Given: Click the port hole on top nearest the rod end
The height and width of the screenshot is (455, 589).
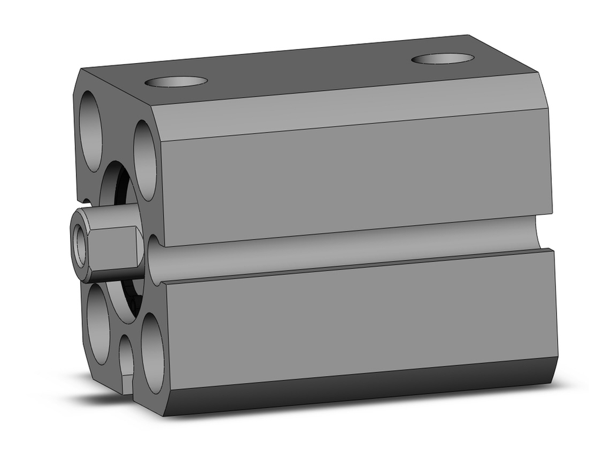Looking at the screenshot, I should point(176,81).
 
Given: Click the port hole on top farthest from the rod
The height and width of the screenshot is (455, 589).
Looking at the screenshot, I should point(442,58).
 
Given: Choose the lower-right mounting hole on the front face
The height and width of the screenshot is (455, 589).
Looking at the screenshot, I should point(153,354).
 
